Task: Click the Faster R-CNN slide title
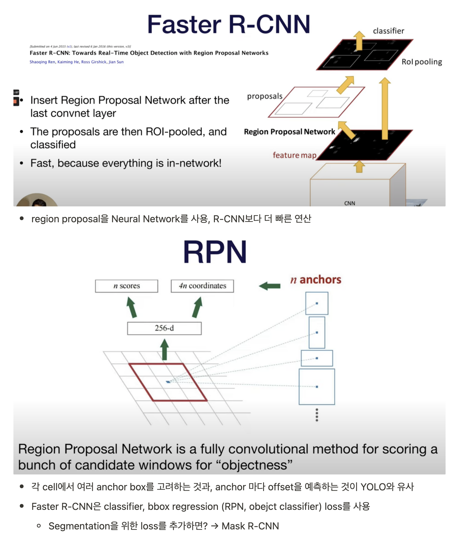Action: [229, 24]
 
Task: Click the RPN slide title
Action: [215, 252]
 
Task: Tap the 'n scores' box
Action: [126, 286]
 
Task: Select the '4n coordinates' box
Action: [202, 286]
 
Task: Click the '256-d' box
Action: [164, 328]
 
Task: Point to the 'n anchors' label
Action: [316, 280]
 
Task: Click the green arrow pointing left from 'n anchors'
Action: [269, 286]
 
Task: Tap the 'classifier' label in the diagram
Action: [388, 31]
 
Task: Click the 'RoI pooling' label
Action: [421, 62]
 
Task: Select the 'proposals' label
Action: [265, 96]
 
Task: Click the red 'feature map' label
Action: [294, 155]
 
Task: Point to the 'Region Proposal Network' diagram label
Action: [289, 132]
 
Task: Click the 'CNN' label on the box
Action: [349, 203]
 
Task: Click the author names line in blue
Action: [77, 62]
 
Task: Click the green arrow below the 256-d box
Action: [164, 350]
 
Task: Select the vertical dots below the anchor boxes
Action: [317, 415]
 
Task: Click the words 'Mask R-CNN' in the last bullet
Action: [250, 526]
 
